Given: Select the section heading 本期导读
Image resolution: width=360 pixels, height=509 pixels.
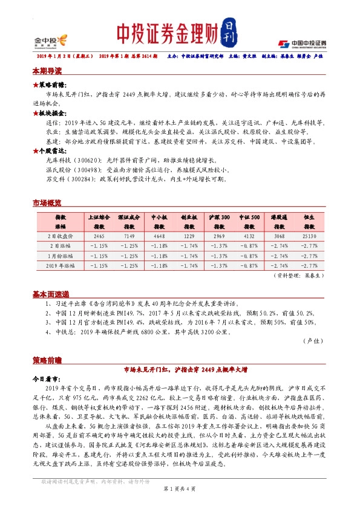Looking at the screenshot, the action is click(x=47, y=71).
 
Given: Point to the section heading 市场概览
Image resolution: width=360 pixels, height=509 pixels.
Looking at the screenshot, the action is click(x=47, y=204).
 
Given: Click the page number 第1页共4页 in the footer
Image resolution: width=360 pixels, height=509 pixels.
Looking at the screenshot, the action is click(x=180, y=488).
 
